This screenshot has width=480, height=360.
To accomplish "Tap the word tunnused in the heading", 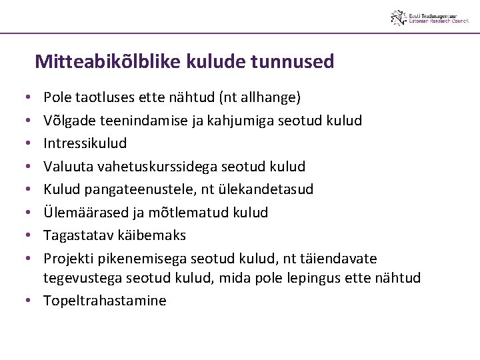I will (292, 62).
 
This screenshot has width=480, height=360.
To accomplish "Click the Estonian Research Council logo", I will (429, 17).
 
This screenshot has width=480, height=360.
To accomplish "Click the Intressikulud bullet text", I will (85, 143).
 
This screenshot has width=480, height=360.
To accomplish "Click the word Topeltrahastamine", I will (105, 301).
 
